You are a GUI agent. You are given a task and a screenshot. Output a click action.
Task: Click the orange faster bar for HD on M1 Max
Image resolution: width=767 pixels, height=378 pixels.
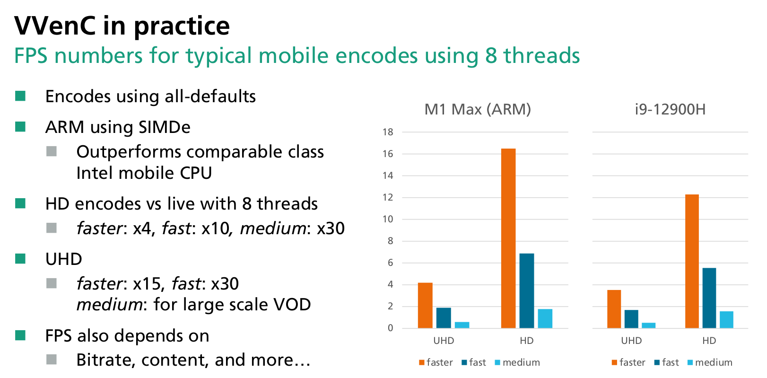[508, 238]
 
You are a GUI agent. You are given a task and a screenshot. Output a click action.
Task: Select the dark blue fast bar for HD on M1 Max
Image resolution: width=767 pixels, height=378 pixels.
[527, 290]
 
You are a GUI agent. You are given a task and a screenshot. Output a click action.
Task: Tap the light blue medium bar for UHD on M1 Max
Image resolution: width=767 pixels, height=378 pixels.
[462, 325]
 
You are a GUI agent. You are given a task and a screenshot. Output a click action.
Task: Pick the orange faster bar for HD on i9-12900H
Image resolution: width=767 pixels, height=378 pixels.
[692, 261]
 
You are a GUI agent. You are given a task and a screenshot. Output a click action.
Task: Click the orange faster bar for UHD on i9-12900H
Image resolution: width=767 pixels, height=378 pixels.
[614, 309]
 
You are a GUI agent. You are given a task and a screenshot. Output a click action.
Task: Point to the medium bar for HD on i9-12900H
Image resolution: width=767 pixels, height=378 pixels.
[726, 320]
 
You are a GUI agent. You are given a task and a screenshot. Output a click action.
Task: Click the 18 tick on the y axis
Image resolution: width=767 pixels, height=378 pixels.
[388, 132]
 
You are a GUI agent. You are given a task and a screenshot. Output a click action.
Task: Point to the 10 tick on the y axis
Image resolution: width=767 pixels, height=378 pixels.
[388, 219]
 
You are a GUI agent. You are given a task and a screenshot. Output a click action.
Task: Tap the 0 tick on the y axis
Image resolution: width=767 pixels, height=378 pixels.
[390, 328]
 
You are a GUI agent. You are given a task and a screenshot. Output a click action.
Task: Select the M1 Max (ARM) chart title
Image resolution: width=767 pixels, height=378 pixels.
[478, 109]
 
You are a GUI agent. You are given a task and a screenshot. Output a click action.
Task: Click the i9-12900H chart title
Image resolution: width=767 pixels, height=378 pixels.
[670, 109]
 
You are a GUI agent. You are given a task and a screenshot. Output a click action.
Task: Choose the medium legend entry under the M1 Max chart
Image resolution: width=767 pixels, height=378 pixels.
[517, 362]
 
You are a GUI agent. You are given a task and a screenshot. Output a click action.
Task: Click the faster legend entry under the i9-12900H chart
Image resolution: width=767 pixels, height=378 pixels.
[628, 362]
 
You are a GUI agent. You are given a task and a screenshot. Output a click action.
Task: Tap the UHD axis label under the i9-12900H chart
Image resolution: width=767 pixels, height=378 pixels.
[631, 341]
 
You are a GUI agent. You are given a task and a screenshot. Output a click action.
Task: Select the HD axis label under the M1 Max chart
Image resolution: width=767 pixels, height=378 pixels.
[527, 341]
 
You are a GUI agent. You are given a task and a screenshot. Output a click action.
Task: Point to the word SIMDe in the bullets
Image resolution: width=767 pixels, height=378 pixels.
[165, 127]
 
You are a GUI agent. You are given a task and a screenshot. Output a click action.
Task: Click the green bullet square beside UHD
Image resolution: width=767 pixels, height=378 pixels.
[20, 258]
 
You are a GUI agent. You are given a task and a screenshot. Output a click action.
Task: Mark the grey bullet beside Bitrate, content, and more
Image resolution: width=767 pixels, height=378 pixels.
[52, 360]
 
